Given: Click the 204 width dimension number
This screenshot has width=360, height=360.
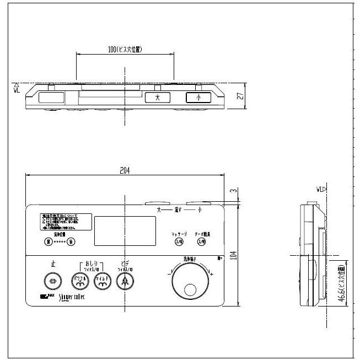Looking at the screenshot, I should pyautogui.click(x=125, y=171).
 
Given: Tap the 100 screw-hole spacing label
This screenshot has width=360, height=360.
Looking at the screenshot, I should pyautogui.click(x=125, y=50).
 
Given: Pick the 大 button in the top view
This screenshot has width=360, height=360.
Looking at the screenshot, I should pyautogui.click(x=157, y=98).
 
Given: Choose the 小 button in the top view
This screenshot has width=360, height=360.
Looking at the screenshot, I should pyautogui.click(x=198, y=98).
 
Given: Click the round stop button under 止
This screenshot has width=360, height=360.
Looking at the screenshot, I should pyautogui.click(x=53, y=281).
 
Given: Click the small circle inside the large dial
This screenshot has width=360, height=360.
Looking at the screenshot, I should pyautogui.click(x=191, y=289).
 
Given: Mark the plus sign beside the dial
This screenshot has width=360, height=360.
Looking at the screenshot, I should pyautogui.click(x=212, y=274).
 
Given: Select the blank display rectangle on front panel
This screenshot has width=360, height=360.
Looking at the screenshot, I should pyautogui.click(x=125, y=231).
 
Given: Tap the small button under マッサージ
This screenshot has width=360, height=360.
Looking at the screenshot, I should pyautogui.click(x=179, y=242).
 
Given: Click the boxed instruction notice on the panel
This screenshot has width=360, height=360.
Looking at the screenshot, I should pyautogui.click(x=58, y=222).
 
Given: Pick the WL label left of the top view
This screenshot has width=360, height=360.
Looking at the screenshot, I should pyautogui.click(x=17, y=88).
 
